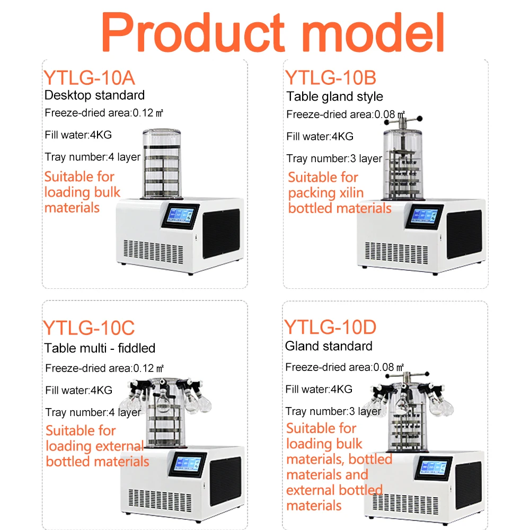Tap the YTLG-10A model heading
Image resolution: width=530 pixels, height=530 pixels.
pos(89,77)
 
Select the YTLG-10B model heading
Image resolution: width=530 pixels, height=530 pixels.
pos(331,77)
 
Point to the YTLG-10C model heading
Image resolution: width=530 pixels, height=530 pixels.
pos(89,328)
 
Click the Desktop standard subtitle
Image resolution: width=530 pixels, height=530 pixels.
pos(94,95)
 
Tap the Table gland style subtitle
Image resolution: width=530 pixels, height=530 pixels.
pos(334,96)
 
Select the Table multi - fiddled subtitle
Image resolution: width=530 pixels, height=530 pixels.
pos(100,348)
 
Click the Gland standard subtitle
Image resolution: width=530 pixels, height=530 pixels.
pos(329,346)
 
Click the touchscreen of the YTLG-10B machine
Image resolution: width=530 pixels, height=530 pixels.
pos(425,216)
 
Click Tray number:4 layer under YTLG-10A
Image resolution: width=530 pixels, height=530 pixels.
pos(93,157)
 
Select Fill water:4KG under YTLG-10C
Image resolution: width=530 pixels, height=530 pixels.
pos(79,391)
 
